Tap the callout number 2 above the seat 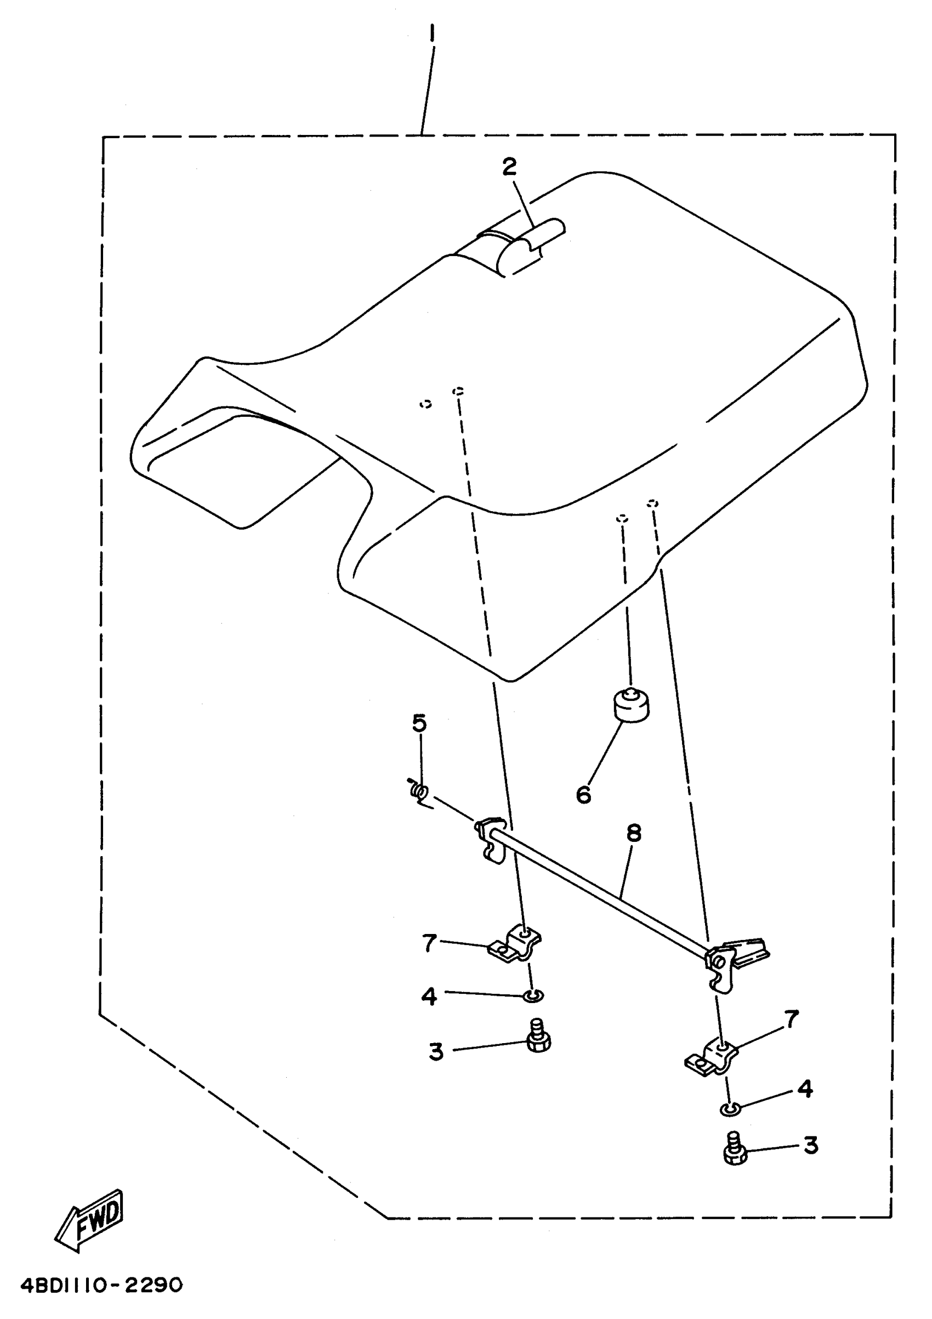tap(509, 167)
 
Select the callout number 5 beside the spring tap(419, 723)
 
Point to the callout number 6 tap(583, 795)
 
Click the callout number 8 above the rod tap(633, 833)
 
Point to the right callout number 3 tap(810, 1145)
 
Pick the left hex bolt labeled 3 tap(538, 1037)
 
